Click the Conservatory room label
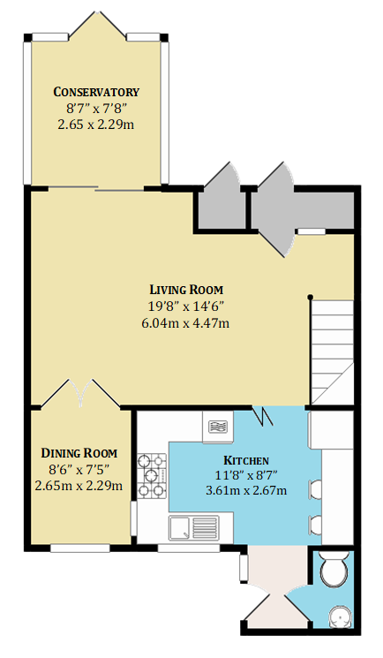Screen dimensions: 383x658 tap(96, 92)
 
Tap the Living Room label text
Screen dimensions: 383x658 tap(187, 290)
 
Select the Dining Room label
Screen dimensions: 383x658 tap(79, 453)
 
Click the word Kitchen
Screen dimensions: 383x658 tap(246, 460)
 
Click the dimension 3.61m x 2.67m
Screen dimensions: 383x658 tap(246, 489)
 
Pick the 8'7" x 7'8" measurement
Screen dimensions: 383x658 tap(96, 109)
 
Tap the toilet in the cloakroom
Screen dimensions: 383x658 tap(334, 569)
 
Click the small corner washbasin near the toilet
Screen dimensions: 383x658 tap(341, 617)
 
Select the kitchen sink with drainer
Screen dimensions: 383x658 tap(194, 528)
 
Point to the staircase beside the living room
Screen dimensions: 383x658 tap(332, 352)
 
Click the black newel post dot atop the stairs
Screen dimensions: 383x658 tap(310, 297)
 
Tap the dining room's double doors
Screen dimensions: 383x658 tap(79, 394)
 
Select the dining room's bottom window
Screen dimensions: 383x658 tap(80, 548)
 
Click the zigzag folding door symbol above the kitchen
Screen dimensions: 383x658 tap(264, 415)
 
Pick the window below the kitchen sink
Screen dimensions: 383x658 tap(189, 548)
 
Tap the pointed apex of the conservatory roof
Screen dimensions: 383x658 tap(97, 12)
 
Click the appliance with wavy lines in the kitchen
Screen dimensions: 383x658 tap(218, 427)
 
